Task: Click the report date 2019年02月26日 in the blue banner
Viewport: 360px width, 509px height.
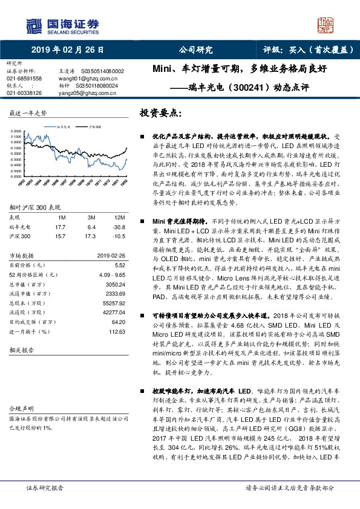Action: coord(67,50)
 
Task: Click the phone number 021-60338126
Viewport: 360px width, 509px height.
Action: coord(24,93)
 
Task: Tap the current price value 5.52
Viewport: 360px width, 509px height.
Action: coord(120,265)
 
